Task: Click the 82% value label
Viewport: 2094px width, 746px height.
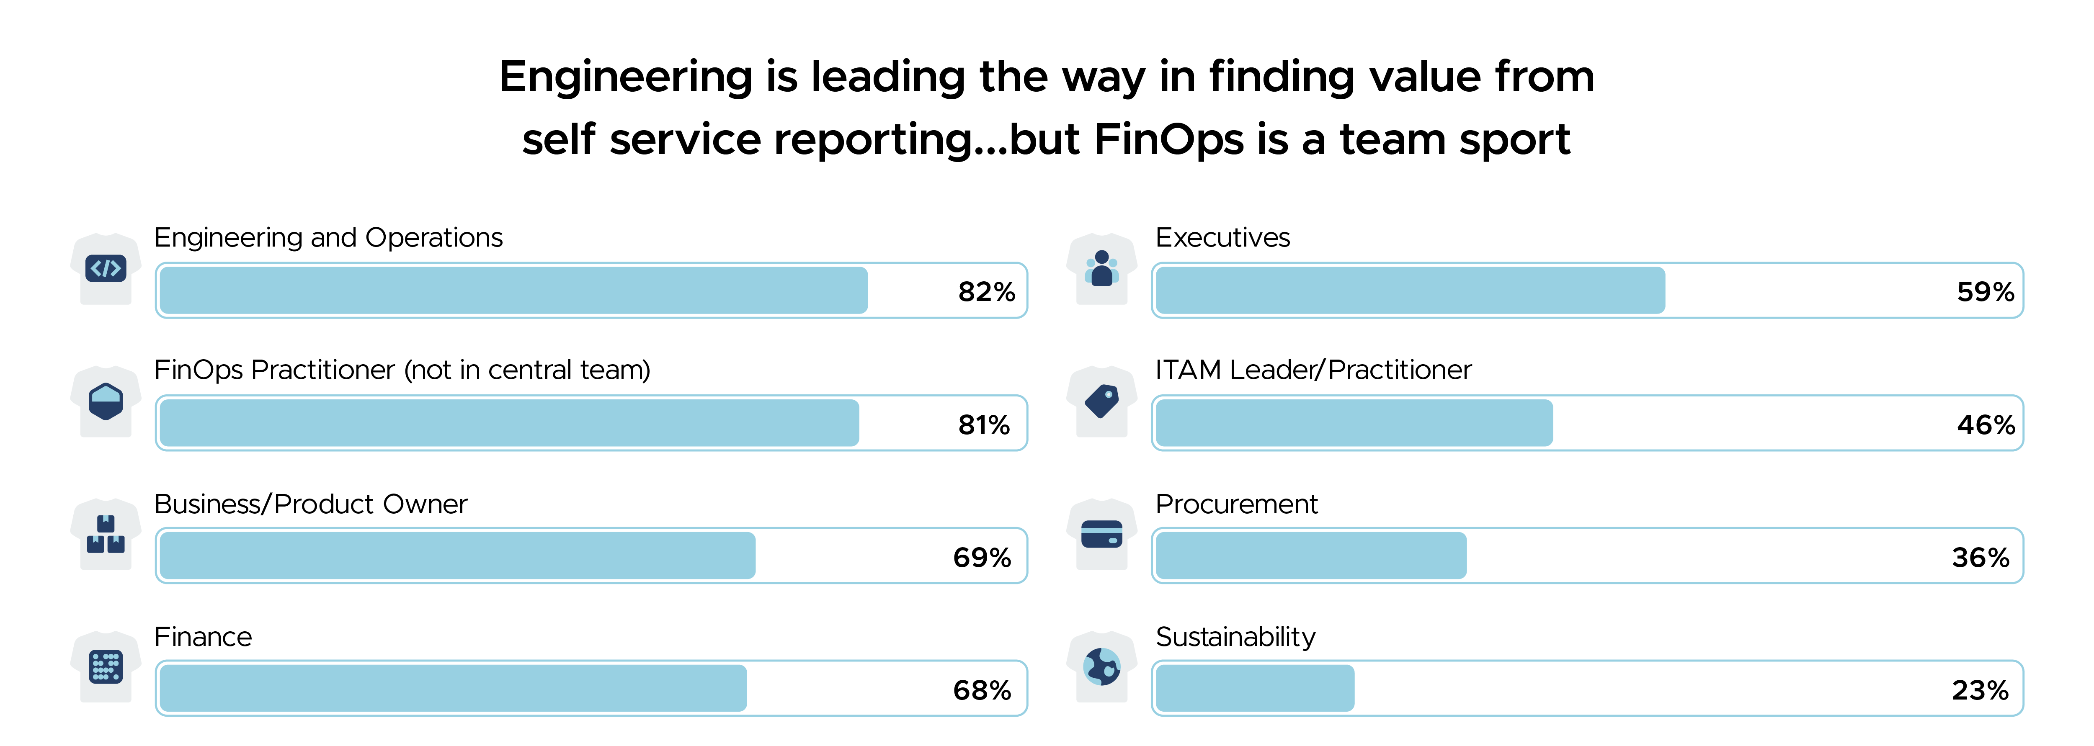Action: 986,292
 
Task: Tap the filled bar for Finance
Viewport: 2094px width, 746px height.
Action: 453,688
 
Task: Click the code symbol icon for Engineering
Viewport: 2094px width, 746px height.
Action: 106,268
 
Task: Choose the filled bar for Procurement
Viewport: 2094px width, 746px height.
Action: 1310,556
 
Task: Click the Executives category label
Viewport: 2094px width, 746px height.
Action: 1222,237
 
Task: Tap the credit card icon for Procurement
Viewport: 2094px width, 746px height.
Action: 1101,534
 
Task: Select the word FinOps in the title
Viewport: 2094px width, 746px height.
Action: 1168,139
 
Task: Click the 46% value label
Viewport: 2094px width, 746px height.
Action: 1985,424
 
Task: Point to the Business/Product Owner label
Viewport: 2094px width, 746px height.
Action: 310,504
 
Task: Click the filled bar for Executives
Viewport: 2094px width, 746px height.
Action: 1410,290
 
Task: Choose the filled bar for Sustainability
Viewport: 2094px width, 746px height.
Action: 1254,688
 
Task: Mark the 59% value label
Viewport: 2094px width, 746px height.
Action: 1985,292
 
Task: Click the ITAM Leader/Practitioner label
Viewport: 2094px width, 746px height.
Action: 1313,370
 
